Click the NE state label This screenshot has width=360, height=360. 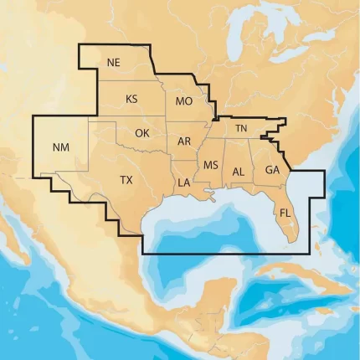(x=114, y=62)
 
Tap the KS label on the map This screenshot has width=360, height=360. (x=131, y=99)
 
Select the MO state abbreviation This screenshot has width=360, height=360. (x=184, y=101)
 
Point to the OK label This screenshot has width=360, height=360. (x=142, y=133)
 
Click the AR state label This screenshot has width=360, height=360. (x=184, y=141)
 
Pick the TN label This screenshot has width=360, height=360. (x=241, y=128)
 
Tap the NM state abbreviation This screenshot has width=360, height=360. (x=61, y=147)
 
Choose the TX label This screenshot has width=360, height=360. (x=126, y=180)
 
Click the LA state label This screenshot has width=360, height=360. (x=184, y=182)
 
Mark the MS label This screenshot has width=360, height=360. (x=210, y=164)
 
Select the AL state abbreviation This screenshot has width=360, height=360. (x=238, y=171)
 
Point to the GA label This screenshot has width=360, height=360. (x=272, y=170)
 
